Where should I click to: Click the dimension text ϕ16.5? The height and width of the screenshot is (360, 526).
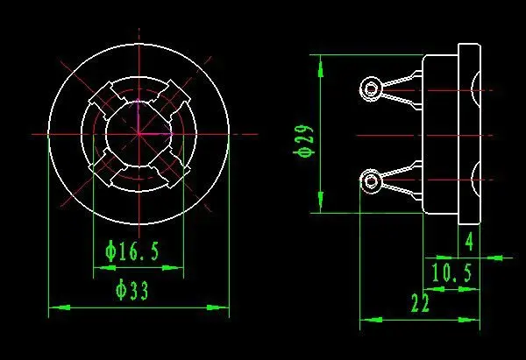tap(132, 252)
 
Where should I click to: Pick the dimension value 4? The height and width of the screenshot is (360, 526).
tap(470, 240)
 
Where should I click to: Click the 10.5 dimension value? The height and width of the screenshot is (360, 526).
tap(451, 274)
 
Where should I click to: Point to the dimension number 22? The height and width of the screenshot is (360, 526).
tap(420, 304)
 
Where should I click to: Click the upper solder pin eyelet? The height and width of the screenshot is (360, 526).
tap(371, 88)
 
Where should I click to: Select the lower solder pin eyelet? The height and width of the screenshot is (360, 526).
tap(371, 181)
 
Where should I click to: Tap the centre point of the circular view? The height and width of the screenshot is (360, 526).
tap(139, 133)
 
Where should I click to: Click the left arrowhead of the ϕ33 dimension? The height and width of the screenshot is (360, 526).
tap(53, 307)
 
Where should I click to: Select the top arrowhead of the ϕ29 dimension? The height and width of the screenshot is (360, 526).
tap(322, 60)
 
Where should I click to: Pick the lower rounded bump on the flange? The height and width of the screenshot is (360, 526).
tap(476, 180)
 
